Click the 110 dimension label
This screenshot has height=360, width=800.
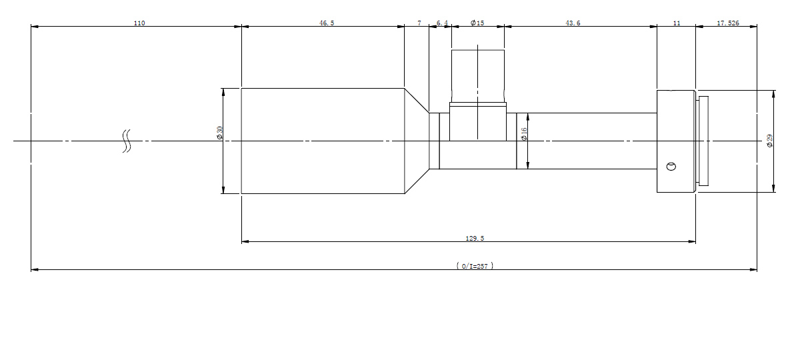click(139, 23)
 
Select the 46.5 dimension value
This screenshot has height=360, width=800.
click(327, 23)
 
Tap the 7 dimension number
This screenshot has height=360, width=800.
click(419, 23)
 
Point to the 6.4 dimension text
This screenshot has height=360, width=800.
click(442, 23)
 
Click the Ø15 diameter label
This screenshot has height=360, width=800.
click(477, 23)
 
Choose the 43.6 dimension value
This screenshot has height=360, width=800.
click(573, 23)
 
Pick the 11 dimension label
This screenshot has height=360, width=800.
click(677, 23)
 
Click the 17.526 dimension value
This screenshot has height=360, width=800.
click(728, 23)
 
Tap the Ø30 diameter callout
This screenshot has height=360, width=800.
click(219, 133)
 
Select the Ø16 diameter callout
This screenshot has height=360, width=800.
click(524, 134)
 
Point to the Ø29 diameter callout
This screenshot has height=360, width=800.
click(769, 141)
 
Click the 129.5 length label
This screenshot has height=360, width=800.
click(475, 239)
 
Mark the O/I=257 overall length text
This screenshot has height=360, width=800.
click(475, 266)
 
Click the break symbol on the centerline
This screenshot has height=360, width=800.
click(127, 141)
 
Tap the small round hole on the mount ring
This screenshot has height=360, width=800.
click(671, 167)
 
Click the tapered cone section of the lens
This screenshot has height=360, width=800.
click(417, 141)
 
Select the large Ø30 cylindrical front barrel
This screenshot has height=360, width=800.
click(323, 141)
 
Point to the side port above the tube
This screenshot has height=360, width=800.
click(478, 95)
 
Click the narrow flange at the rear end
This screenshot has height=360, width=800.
click(703, 141)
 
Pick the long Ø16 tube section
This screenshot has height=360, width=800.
click(587, 141)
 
